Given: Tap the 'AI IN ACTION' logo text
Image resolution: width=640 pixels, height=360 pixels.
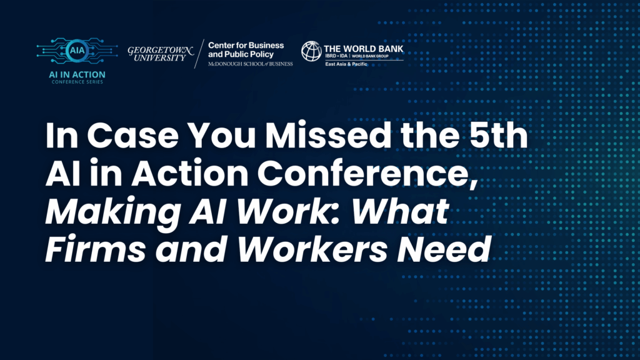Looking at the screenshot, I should (x=79, y=75).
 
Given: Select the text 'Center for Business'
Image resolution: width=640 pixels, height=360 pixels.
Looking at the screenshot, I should (x=246, y=46).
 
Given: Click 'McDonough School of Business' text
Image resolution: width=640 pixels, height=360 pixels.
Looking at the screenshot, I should (x=250, y=64).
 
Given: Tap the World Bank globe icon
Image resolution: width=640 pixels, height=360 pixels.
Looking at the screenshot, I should (x=311, y=51).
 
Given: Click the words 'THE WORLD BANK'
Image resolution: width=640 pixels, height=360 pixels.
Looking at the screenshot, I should (x=363, y=46).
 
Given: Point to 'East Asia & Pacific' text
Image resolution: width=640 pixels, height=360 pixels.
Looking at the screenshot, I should (x=345, y=64).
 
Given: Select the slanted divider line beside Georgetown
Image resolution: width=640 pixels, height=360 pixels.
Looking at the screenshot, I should (x=198, y=54).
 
